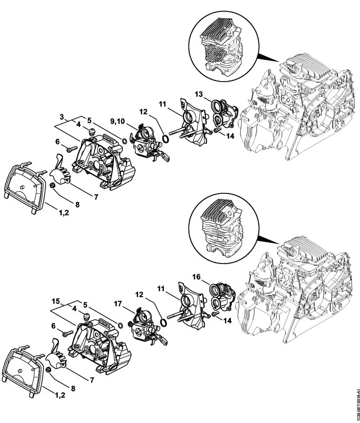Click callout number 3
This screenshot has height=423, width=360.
pos(61,117)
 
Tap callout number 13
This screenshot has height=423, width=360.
pos(199,95)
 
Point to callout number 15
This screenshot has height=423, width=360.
pos(56,300)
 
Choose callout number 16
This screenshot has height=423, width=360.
pos(196,276)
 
